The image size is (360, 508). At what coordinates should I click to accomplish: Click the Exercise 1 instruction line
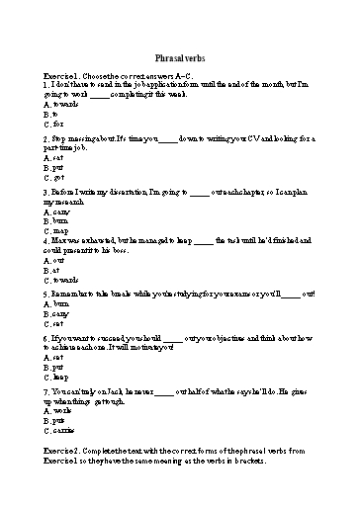point(119,75)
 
